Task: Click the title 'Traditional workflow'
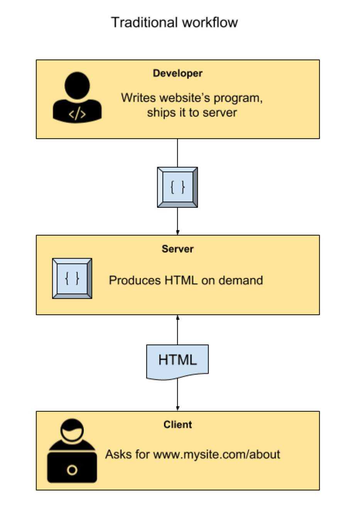(x=174, y=22)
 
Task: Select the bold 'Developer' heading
(x=177, y=73)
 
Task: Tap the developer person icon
(x=77, y=97)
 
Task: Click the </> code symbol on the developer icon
(x=77, y=114)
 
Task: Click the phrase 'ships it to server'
(x=192, y=113)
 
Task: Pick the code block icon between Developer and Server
(x=177, y=187)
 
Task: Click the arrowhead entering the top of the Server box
(x=177, y=232)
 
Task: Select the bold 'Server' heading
(x=177, y=249)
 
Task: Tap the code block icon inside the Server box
(x=72, y=278)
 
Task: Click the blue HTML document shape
(x=177, y=361)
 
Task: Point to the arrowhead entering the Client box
(x=177, y=408)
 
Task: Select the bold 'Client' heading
(x=177, y=425)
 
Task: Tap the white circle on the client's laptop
(x=72, y=470)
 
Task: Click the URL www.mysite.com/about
(x=216, y=454)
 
